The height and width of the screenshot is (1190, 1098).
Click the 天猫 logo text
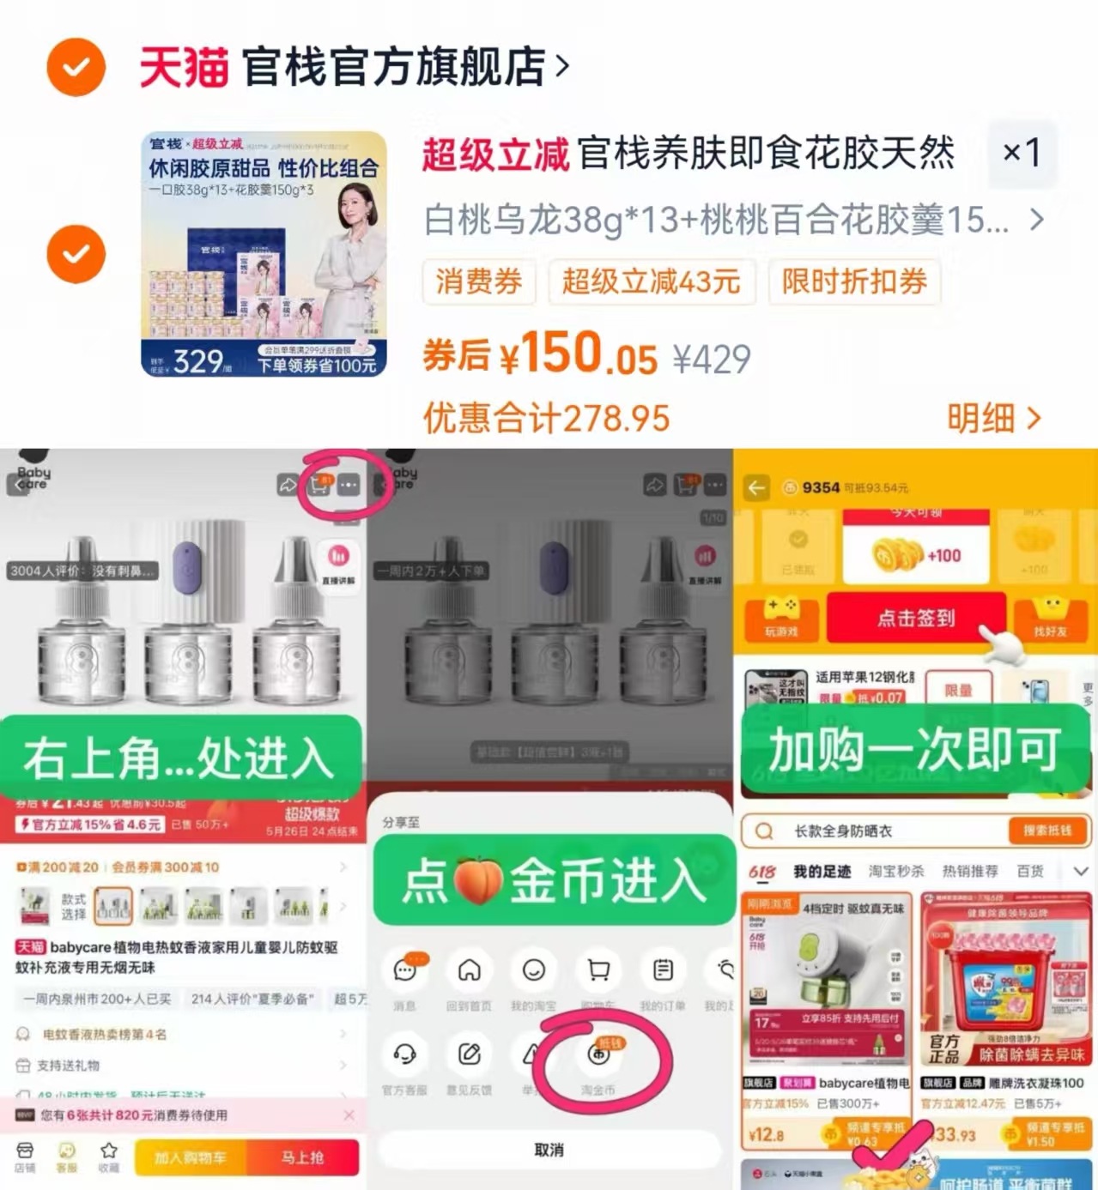pos(184,67)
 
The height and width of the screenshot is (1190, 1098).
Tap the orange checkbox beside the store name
pos(76,67)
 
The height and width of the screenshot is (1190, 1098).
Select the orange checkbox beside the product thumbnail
pos(76,254)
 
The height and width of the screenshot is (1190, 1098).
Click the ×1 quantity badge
pos(1021,154)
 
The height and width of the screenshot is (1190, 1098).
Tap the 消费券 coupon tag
pos(479,281)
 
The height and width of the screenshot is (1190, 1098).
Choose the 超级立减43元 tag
pos(651,281)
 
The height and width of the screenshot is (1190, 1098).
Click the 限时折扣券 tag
pos(854,281)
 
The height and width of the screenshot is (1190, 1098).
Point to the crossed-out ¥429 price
pos(712,359)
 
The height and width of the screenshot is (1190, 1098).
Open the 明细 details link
pos(993,418)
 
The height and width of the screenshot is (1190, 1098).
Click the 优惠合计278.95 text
pos(546,418)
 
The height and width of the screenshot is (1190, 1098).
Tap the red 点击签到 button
pos(915,618)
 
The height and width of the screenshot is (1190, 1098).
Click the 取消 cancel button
pos(549,1150)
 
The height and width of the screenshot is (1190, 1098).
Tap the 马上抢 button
pos(302,1157)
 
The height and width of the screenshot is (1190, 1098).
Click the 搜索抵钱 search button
pos(1046,830)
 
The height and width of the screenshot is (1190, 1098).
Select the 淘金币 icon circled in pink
pos(598,1054)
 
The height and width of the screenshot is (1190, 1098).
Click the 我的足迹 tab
pos(822,871)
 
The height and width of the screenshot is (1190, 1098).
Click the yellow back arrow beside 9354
pos(756,488)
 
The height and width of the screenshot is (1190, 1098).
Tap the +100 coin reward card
pos(916,555)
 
